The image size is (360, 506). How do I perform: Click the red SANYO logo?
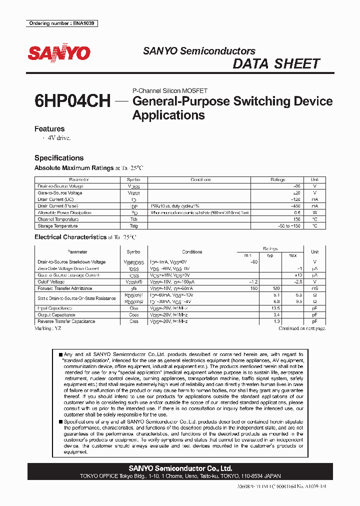tap(59, 53)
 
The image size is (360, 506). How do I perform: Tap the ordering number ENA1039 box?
tap(61, 23)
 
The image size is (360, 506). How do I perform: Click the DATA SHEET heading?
tap(276, 64)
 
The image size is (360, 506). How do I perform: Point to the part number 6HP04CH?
tap(72, 101)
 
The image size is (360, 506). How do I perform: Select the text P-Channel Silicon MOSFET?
tap(169, 91)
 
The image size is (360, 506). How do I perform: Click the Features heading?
tap(49, 129)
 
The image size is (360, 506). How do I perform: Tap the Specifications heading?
tap(59, 158)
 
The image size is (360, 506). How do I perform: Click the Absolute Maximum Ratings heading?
tap(73, 168)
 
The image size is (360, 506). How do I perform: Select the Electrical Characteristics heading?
tap(70, 237)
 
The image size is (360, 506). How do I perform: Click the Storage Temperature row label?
tap(58, 226)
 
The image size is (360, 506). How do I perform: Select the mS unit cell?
tap(314, 288)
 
